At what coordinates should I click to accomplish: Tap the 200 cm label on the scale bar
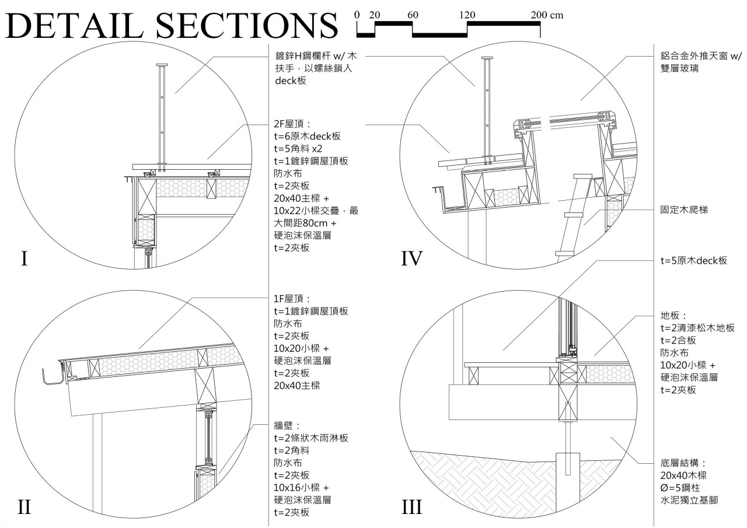tap(547, 15)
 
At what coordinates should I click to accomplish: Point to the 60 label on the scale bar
tap(413, 15)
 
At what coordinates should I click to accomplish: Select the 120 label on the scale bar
tap(467, 15)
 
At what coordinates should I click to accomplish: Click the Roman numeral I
tap(25, 258)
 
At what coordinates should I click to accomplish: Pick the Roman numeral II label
tap(25, 507)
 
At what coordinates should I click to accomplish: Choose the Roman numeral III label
tap(412, 507)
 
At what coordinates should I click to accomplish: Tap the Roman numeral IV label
tap(411, 258)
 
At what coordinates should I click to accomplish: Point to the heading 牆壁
tap(285, 425)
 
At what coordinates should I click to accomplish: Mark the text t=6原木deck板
tap(307, 137)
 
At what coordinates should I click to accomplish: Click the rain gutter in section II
tap(54, 377)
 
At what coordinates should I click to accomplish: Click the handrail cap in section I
tap(162, 65)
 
